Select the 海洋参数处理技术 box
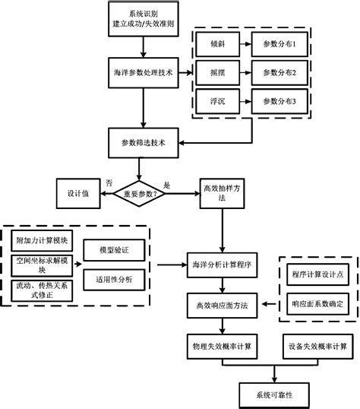[x=143, y=73]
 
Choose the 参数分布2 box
[x=278, y=73]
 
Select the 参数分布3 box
[x=278, y=100]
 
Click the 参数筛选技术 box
[x=143, y=141]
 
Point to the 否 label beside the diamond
[x=109, y=184]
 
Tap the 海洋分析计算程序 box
[x=223, y=265]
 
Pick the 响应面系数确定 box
[x=317, y=303]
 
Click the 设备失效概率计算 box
[x=315, y=345]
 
